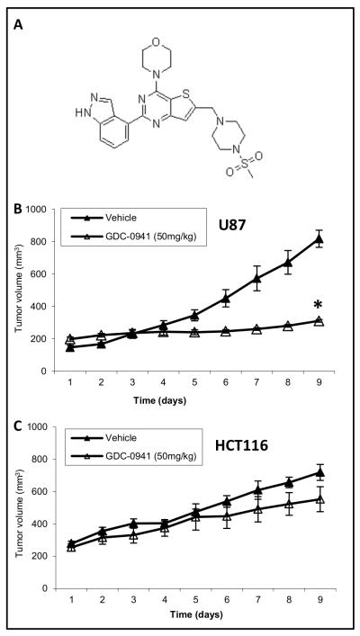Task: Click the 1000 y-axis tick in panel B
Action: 34,209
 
